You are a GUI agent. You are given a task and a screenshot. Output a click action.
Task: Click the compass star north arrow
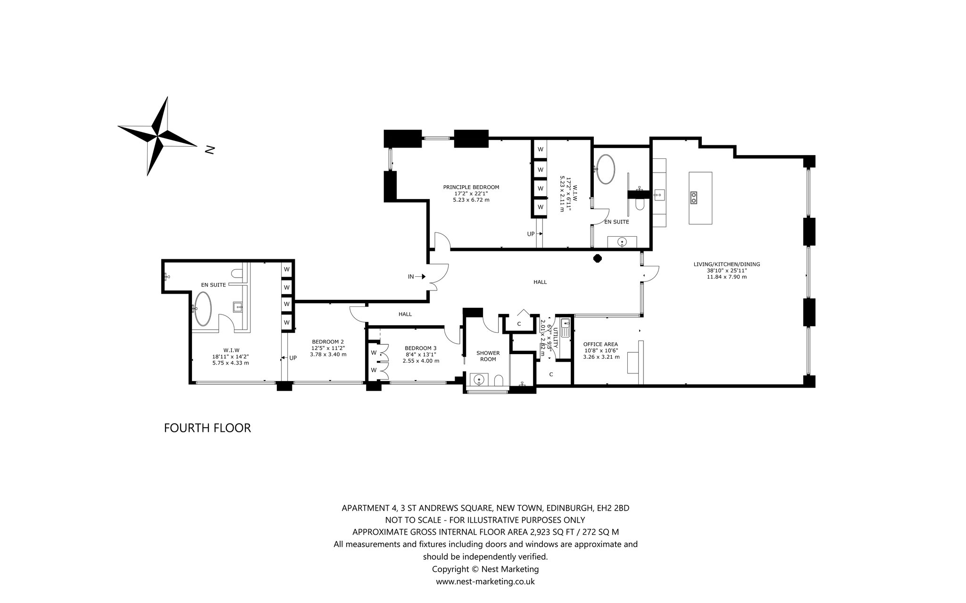(x=157, y=136)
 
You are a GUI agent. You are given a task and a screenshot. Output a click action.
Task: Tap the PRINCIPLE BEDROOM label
(x=471, y=187)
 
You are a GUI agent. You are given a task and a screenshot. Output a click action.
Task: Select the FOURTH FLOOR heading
(x=207, y=428)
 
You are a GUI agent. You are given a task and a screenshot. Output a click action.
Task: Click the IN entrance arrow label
(x=411, y=277)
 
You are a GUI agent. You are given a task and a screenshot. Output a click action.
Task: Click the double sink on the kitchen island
(x=694, y=197)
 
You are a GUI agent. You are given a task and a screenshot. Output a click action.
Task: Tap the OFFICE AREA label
(x=600, y=344)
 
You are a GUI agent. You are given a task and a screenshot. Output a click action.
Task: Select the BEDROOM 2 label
(x=328, y=342)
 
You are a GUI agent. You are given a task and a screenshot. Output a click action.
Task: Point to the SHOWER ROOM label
(x=488, y=356)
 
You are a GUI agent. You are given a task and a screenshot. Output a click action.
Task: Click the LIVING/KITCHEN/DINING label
(x=726, y=264)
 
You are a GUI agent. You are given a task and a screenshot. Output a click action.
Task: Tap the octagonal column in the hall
(x=597, y=258)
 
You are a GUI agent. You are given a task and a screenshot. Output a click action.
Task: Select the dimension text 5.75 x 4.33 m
(x=230, y=363)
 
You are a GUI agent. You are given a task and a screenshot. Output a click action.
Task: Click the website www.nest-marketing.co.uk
(x=485, y=582)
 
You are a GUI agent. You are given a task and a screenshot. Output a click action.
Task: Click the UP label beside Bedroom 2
(x=293, y=358)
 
